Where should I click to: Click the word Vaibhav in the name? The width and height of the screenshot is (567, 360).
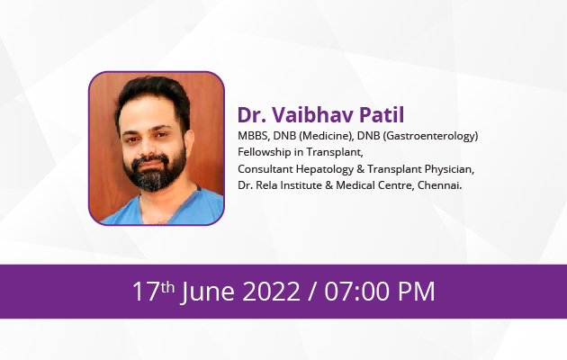pos(312,115)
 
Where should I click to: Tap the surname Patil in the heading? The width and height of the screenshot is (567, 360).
pos(382,115)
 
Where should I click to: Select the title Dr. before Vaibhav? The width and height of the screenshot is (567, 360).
pos(252,115)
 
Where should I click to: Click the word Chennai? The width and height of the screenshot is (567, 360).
pos(439,185)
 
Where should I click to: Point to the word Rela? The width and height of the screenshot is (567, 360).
pos(266,185)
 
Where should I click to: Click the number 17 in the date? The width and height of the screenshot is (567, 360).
pos(146,292)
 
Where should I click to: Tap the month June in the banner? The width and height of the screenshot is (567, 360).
pos(208,292)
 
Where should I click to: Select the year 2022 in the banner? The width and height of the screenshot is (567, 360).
pos(271,292)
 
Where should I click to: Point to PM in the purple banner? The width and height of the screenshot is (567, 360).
pos(416,292)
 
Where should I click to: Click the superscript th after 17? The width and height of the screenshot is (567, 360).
pos(167,287)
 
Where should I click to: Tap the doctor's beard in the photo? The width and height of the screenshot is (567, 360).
pos(155,171)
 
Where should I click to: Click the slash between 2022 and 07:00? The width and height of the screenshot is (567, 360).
pos(312,292)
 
